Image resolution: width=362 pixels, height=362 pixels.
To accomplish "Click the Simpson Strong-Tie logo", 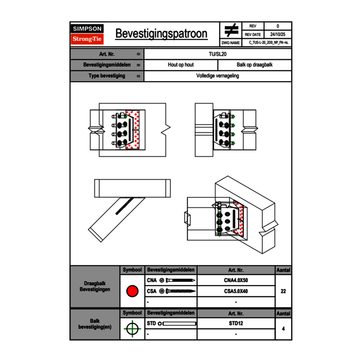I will tap(87, 34).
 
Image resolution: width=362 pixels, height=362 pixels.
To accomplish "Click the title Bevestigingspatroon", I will tap(161, 34).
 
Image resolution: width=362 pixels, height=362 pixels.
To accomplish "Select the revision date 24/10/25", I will tap(278, 34).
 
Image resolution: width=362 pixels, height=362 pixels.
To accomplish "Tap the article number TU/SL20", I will tap(218, 54).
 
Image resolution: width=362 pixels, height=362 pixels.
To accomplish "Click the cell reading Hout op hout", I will tap(181, 65).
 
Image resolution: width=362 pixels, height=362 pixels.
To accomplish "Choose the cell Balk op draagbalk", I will tap(255, 65).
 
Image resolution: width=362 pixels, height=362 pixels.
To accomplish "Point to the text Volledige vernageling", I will tap(218, 76).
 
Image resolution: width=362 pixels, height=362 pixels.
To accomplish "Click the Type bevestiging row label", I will tap(107, 76).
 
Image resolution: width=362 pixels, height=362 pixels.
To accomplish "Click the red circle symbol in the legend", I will tap(132, 291).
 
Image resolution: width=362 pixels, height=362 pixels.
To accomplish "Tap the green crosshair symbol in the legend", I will tap(132, 329).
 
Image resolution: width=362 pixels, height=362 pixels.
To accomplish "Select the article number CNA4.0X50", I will tap(236, 281).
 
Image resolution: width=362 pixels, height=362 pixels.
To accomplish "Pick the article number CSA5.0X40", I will tap(236, 291).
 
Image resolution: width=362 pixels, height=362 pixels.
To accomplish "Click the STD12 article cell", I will tap(236, 323).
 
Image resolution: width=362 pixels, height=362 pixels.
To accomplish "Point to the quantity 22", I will tap(283, 291).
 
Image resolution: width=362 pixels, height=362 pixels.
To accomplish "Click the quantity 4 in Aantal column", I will tap(283, 329).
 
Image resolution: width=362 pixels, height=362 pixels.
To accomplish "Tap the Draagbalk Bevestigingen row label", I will tap(95, 287).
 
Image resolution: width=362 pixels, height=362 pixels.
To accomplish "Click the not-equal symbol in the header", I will tap(231, 31).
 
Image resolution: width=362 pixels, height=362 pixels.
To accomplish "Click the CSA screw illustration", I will tap(179, 291).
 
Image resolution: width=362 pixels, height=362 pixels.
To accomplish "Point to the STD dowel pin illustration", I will tap(179, 323).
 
